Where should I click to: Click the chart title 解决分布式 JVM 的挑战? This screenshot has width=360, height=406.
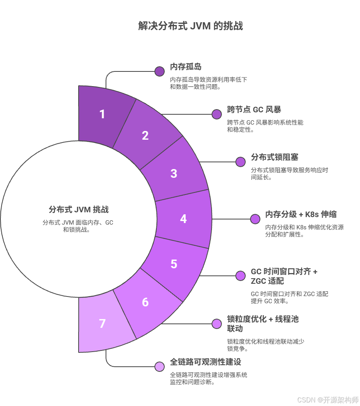click(191, 26)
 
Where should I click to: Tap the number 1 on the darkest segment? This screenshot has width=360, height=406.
click(102, 114)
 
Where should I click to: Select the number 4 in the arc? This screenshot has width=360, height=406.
click(183, 219)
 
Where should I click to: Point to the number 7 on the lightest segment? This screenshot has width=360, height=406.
click(102, 323)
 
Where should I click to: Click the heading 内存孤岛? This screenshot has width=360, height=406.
click(186, 67)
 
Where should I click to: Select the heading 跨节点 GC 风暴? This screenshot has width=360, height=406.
click(254, 110)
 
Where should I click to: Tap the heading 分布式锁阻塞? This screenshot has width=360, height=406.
click(275, 157)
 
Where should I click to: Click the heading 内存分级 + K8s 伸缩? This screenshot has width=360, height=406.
click(301, 214)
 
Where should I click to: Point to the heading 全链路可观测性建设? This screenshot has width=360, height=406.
click(205, 362)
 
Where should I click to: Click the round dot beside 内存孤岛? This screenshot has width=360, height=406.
click(160, 71)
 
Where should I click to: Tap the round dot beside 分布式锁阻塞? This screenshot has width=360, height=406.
click(241, 162)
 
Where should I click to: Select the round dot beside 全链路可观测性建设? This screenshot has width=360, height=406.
click(160, 367)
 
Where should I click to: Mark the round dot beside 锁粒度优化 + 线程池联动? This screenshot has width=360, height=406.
click(217, 324)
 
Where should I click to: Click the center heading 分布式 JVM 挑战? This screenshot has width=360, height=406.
click(79, 210)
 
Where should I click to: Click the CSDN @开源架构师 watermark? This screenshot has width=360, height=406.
click(328, 400)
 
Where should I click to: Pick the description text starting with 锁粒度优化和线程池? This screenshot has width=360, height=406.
click(266, 345)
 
